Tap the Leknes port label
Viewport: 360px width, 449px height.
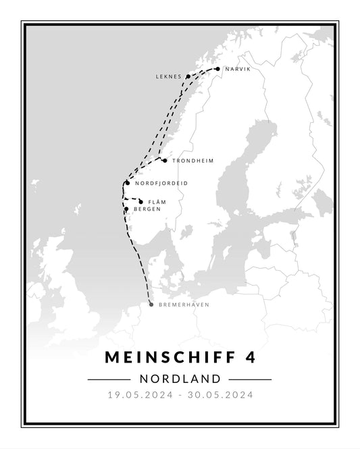point(169,77)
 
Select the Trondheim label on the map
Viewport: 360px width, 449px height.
point(192,161)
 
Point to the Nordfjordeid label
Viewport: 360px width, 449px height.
point(161,183)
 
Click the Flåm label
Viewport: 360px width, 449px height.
point(157,202)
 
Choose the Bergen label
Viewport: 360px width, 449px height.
point(147,209)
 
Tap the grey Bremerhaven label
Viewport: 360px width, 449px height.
point(184,305)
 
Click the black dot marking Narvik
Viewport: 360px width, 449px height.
point(217,69)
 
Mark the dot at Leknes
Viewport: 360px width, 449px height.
point(188,77)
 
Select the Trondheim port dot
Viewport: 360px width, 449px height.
point(165,161)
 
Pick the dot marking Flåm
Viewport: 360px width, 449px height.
point(140,201)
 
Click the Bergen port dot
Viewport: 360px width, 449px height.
point(126,209)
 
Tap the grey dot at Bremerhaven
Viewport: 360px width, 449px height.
point(151,305)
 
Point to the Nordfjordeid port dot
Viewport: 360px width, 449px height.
point(127,182)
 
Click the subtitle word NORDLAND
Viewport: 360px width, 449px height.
point(180,379)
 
